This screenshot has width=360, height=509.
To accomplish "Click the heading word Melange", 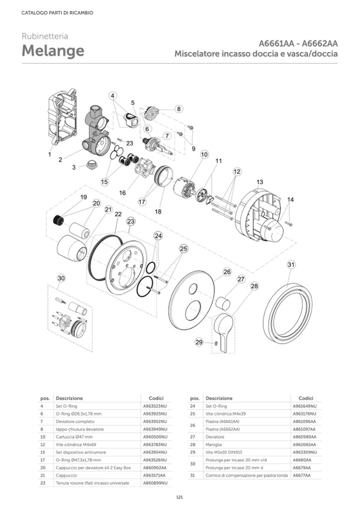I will point(53,51).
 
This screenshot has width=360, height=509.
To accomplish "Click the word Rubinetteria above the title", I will point(45,36).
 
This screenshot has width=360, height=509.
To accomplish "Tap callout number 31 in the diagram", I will point(291,264).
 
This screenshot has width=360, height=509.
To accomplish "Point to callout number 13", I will point(259,182).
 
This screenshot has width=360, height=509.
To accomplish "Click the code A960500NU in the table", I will point(155,436).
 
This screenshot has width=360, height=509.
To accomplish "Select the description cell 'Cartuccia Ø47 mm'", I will point(74,436).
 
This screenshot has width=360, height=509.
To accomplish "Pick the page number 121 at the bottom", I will point(179,497).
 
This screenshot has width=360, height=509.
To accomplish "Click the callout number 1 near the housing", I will point(50,154).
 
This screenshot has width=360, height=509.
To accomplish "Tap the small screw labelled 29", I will point(217,343).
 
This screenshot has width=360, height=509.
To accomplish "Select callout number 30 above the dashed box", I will point(61,278).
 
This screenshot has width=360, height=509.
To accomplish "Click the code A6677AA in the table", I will point(301,476).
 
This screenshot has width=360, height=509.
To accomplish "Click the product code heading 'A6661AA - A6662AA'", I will point(299,43).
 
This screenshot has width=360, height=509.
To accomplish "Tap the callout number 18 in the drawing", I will point(158,211).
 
